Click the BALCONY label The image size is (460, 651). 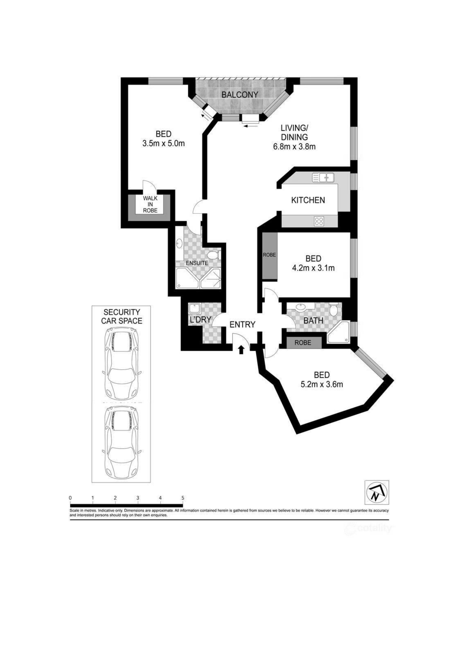(240, 94)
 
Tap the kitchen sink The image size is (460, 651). (323, 178)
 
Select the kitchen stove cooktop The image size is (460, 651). (319, 221)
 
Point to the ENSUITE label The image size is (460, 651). (197, 263)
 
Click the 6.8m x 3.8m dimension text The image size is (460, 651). (294, 147)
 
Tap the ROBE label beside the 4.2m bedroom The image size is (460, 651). (269, 255)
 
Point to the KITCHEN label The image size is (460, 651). (308, 200)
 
